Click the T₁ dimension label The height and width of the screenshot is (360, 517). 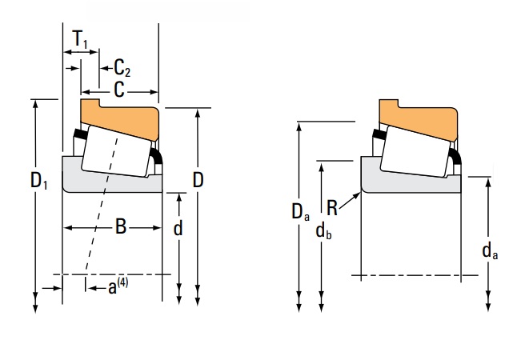[80, 38]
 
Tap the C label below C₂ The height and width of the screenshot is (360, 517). [118, 90]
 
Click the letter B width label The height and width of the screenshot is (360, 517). [121, 227]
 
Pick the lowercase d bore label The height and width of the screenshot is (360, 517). [178, 228]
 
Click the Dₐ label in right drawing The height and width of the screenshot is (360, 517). [299, 212]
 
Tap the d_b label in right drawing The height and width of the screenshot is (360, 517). [323, 232]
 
